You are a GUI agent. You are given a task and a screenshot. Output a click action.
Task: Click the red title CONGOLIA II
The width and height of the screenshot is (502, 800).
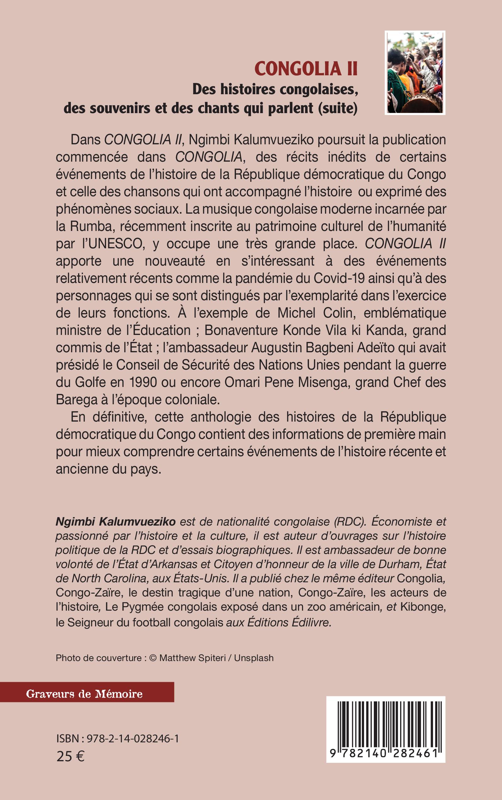[x=306, y=69]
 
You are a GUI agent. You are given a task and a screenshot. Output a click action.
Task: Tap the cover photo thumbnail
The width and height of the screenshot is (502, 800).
[x=415, y=73]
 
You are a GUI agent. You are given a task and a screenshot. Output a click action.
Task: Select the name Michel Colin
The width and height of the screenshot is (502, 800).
[x=315, y=313]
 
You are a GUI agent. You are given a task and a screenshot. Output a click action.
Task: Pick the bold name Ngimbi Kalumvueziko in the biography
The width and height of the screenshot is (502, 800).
[x=116, y=522]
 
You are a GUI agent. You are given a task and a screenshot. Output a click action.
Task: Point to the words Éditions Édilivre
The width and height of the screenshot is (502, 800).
[x=289, y=622]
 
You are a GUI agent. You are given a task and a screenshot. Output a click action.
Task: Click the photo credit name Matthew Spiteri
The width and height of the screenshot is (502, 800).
[x=192, y=658]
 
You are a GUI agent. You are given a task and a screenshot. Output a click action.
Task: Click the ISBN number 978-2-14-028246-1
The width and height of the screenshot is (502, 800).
[x=133, y=739]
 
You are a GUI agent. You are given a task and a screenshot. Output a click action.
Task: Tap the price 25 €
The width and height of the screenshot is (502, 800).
[x=70, y=757]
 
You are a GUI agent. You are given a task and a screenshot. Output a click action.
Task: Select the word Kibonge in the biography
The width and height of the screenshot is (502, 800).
[x=422, y=607]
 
